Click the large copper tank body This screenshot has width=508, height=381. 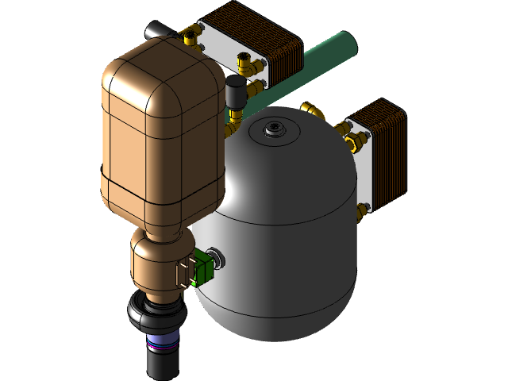[159, 135]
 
